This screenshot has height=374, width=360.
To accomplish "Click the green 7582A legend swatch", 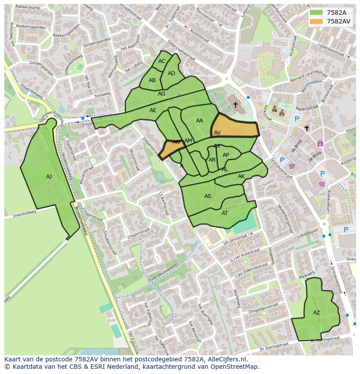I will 317,12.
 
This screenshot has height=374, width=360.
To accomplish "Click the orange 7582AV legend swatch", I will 317,21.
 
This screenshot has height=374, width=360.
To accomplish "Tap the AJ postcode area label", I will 49,177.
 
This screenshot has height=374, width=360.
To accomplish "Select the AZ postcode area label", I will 316,313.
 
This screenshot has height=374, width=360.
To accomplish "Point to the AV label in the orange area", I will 217,133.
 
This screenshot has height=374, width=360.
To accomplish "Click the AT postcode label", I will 225,213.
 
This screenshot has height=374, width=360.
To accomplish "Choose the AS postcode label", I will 208,196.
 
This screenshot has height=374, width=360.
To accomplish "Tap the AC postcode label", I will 162,61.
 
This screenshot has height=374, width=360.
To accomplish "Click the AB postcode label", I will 152,80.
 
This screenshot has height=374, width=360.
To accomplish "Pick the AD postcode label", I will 171,73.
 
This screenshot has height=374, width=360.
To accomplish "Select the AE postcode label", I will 153,110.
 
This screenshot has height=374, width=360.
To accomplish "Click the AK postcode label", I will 241,176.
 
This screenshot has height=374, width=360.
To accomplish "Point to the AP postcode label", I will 226,155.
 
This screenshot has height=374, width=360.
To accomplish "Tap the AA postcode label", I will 200,121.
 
